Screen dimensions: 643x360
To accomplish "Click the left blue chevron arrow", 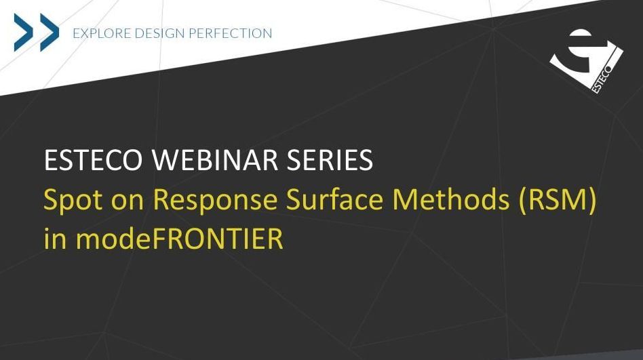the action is coord(24,33).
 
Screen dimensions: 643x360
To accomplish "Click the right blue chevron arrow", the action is coord(50,33).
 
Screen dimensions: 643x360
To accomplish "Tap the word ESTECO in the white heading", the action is coord(93,160).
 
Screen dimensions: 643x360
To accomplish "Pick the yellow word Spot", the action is coord(73,200).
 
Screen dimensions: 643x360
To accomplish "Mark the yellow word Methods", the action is coord(450,200).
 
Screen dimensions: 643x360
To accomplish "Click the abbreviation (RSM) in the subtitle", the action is coord(557,201).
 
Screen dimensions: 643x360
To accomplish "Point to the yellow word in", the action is coord(55,239).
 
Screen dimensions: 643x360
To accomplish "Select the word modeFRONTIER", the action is coord(180,239).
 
